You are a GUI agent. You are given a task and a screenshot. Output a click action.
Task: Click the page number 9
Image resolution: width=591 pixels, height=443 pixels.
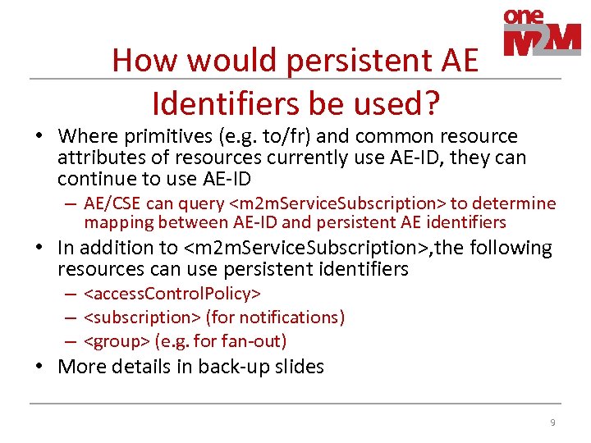[552, 422]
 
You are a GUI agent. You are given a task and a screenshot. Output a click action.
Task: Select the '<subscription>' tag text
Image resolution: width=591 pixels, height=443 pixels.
[142, 317]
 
